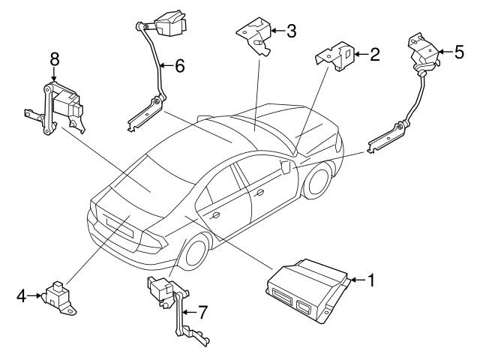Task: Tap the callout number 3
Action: [291, 31]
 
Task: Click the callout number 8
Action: [53, 58]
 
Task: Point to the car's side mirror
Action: [286, 166]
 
